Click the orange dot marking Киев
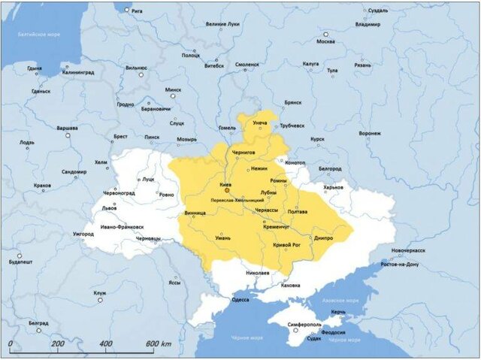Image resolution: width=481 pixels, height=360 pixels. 226,191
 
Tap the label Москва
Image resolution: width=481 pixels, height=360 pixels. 325,41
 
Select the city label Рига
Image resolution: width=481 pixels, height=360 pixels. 137,11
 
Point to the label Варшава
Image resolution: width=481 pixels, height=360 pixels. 68,128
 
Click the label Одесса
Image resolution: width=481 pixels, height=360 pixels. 240,300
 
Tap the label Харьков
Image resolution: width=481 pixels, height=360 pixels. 333,187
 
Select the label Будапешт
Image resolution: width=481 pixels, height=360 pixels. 20,262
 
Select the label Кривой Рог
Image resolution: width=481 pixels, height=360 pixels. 287,245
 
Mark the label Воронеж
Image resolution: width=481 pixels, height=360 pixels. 370,133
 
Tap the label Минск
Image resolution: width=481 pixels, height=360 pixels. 174,89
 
